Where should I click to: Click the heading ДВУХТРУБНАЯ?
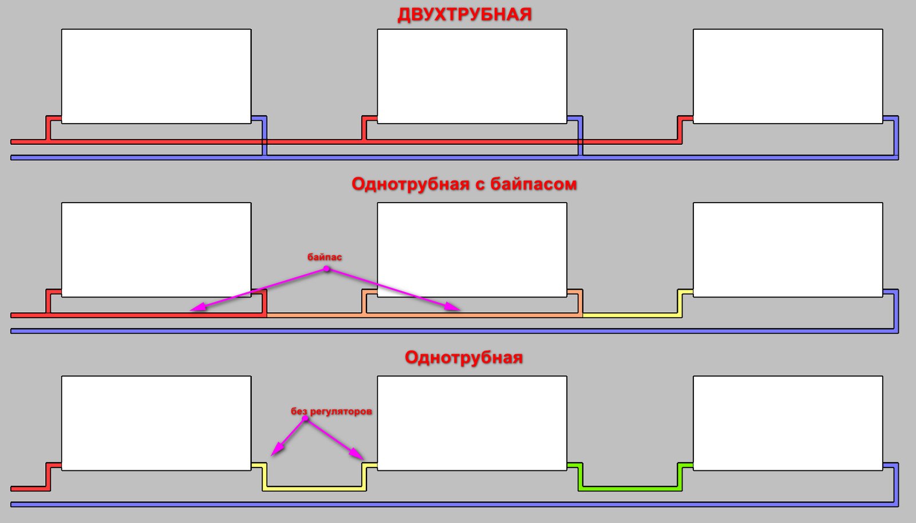(x=464, y=15)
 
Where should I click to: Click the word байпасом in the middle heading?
(x=534, y=184)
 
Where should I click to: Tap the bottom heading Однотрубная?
(x=464, y=358)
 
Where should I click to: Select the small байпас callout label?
(x=325, y=257)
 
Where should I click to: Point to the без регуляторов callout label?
(x=331, y=411)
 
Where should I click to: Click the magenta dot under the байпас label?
(x=326, y=269)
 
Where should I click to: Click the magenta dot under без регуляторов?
(x=305, y=418)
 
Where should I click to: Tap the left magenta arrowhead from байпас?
(x=198, y=307)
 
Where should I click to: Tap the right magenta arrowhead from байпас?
(x=453, y=307)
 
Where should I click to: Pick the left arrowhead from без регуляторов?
(x=277, y=449)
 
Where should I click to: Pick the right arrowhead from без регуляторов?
(x=357, y=453)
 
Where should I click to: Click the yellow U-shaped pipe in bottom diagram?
(x=314, y=488)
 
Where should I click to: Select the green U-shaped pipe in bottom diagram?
(x=630, y=488)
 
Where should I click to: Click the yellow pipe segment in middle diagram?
(x=632, y=315)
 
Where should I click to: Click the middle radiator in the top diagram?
(x=472, y=77)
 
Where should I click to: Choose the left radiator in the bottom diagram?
(x=156, y=423)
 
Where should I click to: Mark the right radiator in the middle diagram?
(x=788, y=249)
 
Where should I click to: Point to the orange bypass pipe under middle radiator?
(x=472, y=315)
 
